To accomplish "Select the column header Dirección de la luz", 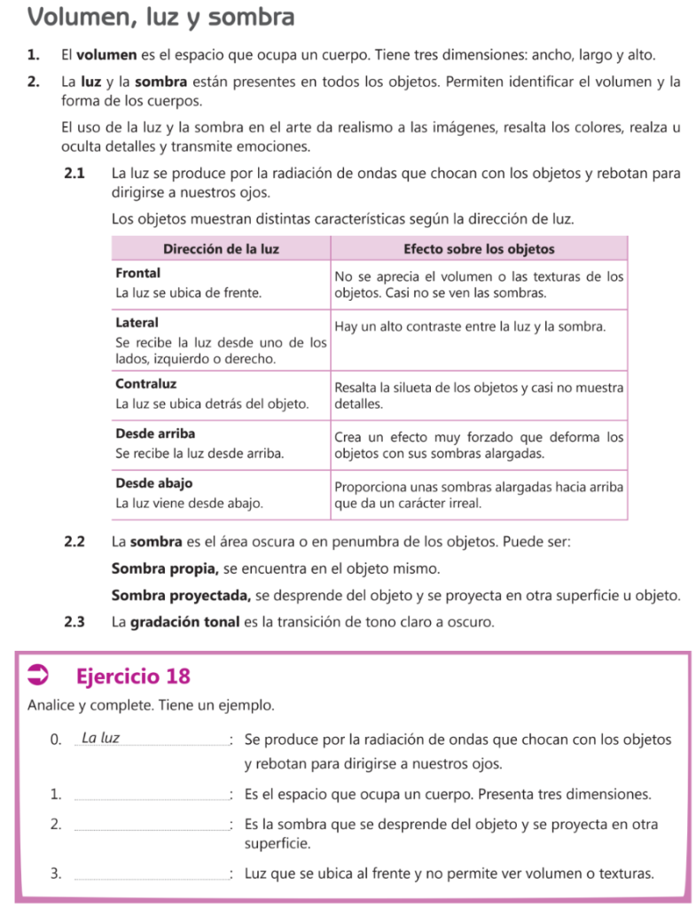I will pyautogui.click(x=222, y=248).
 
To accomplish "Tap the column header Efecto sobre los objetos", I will pyautogui.click(x=479, y=248).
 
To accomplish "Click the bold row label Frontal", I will pyautogui.click(x=138, y=274).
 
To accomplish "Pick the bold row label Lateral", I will pyautogui.click(x=137, y=323).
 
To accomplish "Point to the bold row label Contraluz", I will pyautogui.click(x=146, y=384).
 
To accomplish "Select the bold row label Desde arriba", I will pyautogui.click(x=155, y=434).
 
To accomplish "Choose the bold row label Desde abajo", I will pyautogui.click(x=154, y=483).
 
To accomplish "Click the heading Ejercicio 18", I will pyautogui.click(x=134, y=677).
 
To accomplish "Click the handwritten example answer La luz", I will pyautogui.click(x=101, y=738).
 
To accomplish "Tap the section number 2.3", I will pyautogui.click(x=75, y=622).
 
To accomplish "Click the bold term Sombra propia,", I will pyautogui.click(x=166, y=567).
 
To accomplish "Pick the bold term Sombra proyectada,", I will pyautogui.click(x=182, y=594).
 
